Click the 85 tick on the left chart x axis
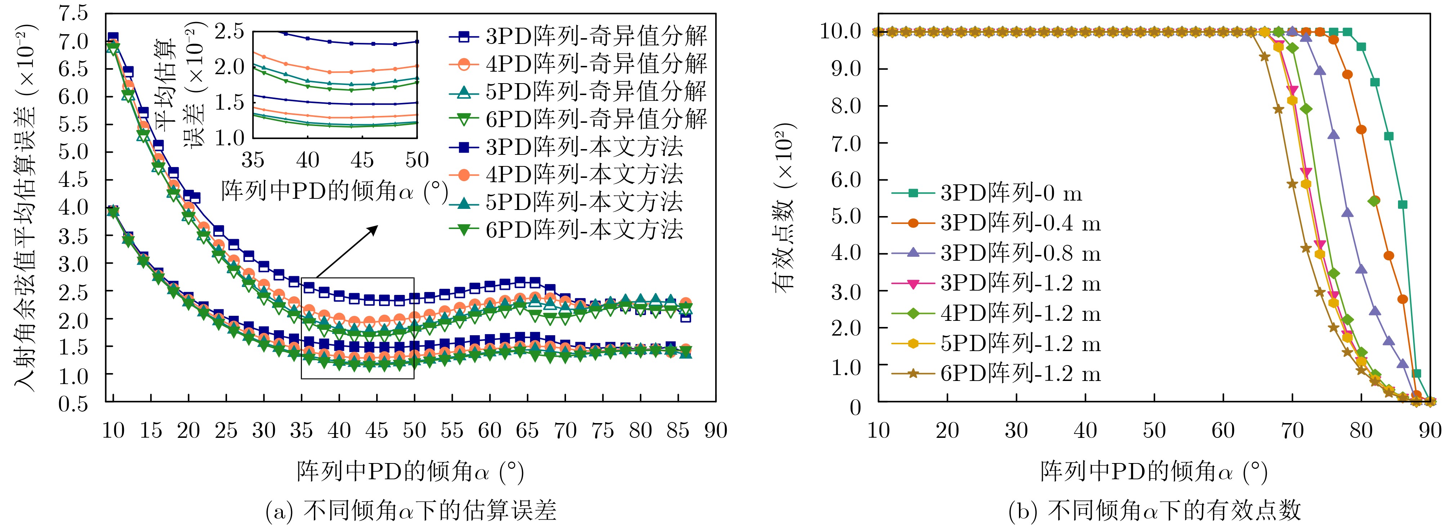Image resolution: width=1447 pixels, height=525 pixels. point(677,431)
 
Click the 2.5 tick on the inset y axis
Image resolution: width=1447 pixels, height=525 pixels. point(230,31)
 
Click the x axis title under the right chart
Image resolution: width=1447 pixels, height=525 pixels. point(1154,472)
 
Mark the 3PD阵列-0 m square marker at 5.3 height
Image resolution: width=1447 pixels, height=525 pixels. point(1403,205)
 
